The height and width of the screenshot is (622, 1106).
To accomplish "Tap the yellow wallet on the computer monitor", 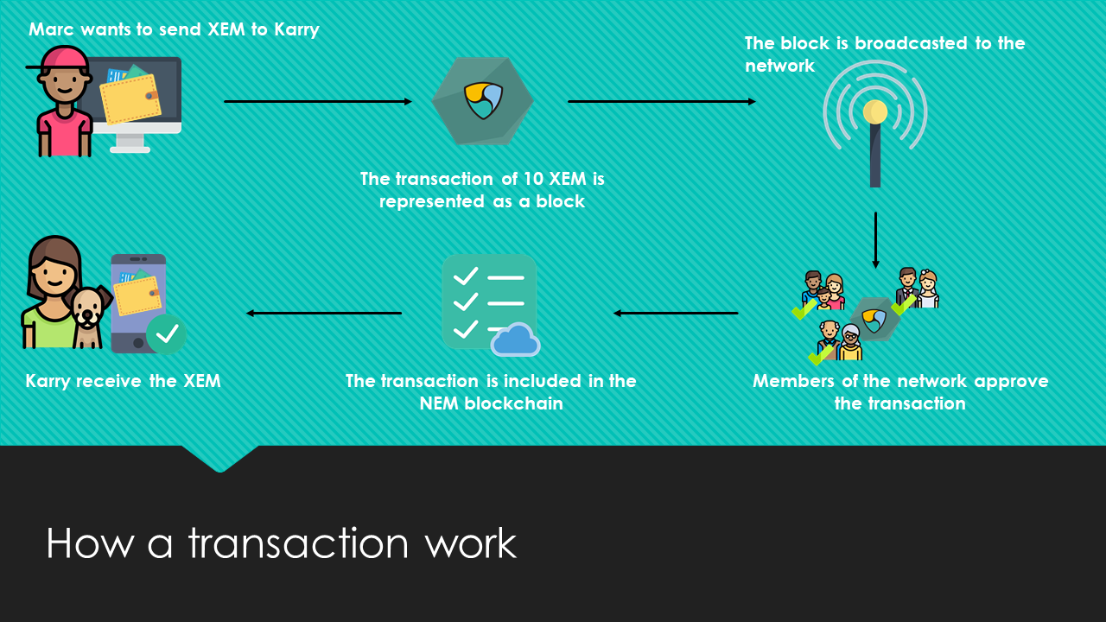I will tap(130, 98).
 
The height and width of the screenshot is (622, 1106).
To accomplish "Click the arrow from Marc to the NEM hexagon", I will tap(317, 102).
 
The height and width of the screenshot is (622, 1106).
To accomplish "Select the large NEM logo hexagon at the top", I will tap(482, 101).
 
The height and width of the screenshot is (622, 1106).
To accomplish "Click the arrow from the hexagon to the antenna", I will tap(661, 102).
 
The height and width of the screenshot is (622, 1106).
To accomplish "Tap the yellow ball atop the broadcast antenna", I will tap(875, 111).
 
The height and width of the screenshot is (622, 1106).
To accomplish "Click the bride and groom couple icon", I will tap(917, 288).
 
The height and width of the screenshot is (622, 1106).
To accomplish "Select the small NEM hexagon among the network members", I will tap(874, 319).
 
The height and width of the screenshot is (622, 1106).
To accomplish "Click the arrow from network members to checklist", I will tap(676, 313).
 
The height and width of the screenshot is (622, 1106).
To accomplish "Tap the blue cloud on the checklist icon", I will tap(516, 340).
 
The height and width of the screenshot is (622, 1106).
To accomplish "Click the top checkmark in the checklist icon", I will tap(466, 276).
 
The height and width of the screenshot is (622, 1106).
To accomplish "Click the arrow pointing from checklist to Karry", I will tap(324, 313).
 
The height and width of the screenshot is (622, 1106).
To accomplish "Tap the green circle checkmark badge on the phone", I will tap(167, 333).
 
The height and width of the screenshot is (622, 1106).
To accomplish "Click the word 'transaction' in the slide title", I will tap(298, 543).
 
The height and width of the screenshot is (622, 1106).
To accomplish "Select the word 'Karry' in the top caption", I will tap(296, 29).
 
